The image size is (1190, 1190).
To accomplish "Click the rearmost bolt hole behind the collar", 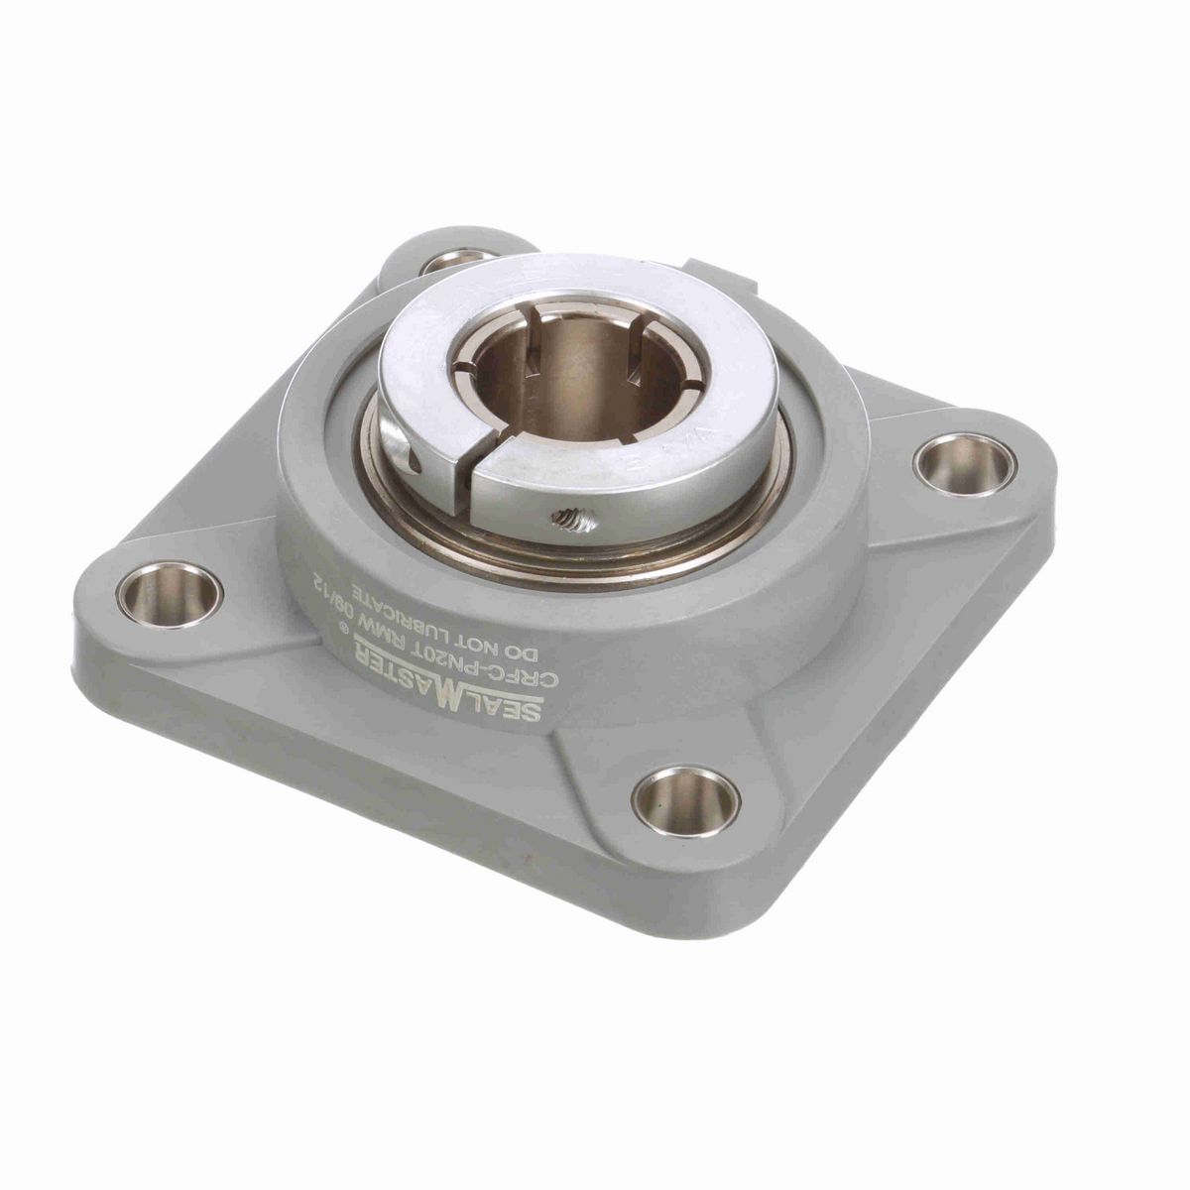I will point(456,262).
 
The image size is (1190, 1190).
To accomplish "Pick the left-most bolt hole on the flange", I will point(170,594).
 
